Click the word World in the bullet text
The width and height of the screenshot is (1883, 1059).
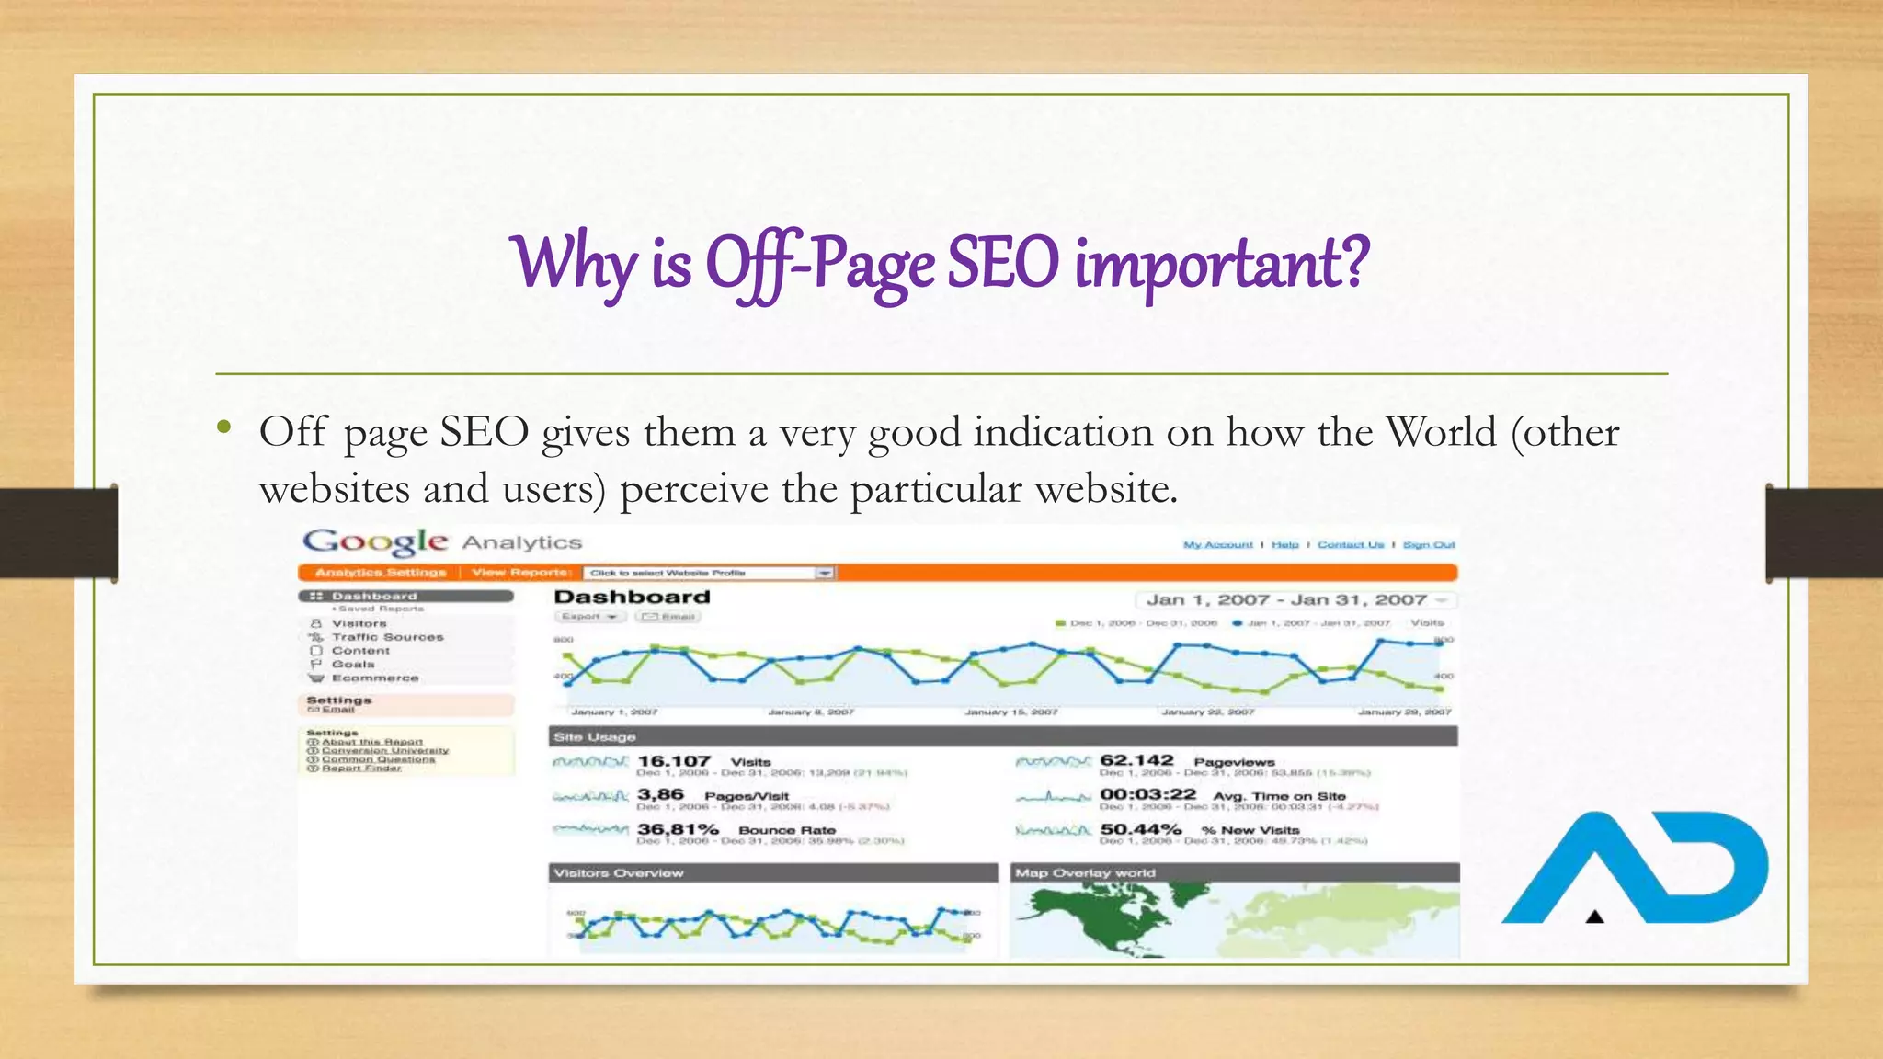click(1441, 432)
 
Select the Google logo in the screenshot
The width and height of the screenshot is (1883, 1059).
click(375, 542)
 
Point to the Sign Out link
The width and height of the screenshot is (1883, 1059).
click(1428, 545)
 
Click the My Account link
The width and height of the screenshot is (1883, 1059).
click(1217, 545)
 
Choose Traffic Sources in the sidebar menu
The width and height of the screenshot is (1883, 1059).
click(387, 637)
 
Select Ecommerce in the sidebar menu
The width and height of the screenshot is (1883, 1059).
click(375, 678)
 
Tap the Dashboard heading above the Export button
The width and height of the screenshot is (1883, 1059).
click(632, 598)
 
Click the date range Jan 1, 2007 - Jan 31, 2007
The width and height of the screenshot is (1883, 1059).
click(1286, 600)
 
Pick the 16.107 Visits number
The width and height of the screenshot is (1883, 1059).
click(674, 761)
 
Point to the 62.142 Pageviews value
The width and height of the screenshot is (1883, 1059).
click(1136, 760)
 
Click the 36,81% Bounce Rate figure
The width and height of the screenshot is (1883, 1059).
click(678, 829)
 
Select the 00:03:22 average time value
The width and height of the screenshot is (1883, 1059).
click(1147, 794)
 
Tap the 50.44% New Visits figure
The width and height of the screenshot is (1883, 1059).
click(1140, 829)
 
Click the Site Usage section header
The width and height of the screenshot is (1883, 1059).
click(595, 737)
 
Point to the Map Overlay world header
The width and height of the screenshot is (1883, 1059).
click(1085, 873)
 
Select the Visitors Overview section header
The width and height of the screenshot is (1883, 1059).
click(619, 873)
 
